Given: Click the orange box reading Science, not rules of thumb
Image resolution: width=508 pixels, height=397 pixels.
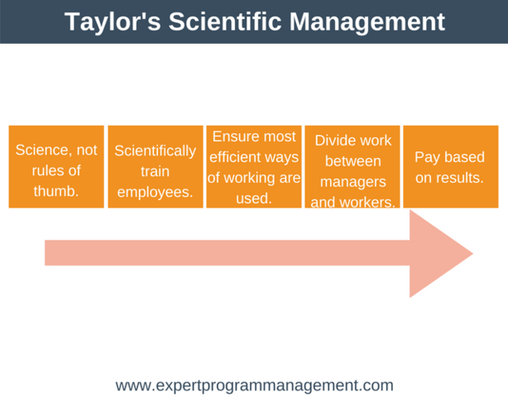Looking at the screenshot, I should pyautogui.click(x=56, y=166).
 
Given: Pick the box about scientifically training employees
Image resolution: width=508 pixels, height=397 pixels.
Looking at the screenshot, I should pyautogui.click(x=156, y=166).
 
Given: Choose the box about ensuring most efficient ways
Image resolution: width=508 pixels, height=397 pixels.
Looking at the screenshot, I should pyautogui.click(x=254, y=166).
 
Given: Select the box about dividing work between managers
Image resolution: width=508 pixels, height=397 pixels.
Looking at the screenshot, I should pyautogui.click(x=352, y=166).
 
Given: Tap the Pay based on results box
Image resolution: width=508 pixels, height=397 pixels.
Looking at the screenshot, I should pyautogui.click(x=451, y=166).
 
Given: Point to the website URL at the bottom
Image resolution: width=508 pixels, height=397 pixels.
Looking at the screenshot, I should pyautogui.click(x=254, y=385).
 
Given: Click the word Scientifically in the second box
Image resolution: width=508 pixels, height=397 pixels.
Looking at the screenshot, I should pyautogui.click(x=156, y=151).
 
